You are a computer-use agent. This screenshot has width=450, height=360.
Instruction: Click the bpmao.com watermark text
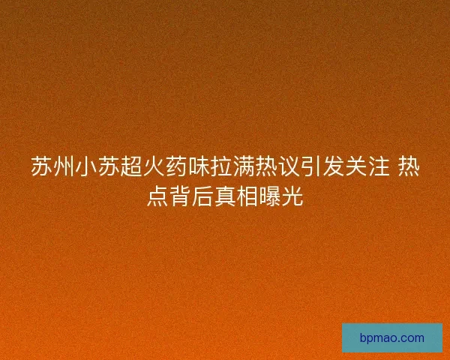[x=391, y=338]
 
